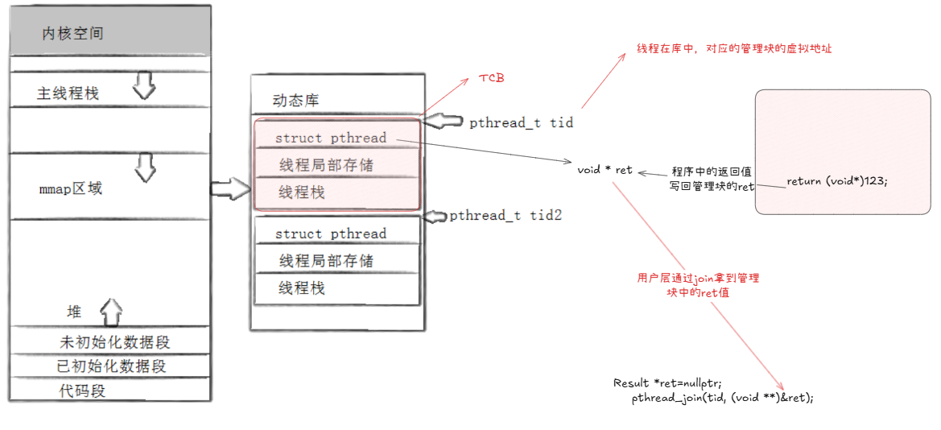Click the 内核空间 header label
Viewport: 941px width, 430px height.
coord(72,34)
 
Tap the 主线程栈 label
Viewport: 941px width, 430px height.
coord(68,93)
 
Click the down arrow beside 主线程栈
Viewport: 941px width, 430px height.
coord(143,85)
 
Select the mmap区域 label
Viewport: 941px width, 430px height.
coord(71,189)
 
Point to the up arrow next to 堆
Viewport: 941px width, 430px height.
coord(111,311)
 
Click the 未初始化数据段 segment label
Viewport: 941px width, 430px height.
coord(115,342)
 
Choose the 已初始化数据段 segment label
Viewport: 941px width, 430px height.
coord(111,366)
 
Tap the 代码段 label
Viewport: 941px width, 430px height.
coord(83,391)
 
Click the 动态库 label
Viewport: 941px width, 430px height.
coord(296,101)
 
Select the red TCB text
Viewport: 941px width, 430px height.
coord(493,77)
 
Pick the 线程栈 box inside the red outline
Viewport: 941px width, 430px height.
coord(302,192)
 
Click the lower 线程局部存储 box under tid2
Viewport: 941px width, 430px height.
coord(326,261)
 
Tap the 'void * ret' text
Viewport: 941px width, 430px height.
coord(605,170)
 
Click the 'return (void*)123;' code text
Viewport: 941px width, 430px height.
coord(837,181)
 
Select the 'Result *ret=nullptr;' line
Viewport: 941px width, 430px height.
coord(667,382)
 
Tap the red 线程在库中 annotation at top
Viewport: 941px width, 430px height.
coord(734,48)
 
